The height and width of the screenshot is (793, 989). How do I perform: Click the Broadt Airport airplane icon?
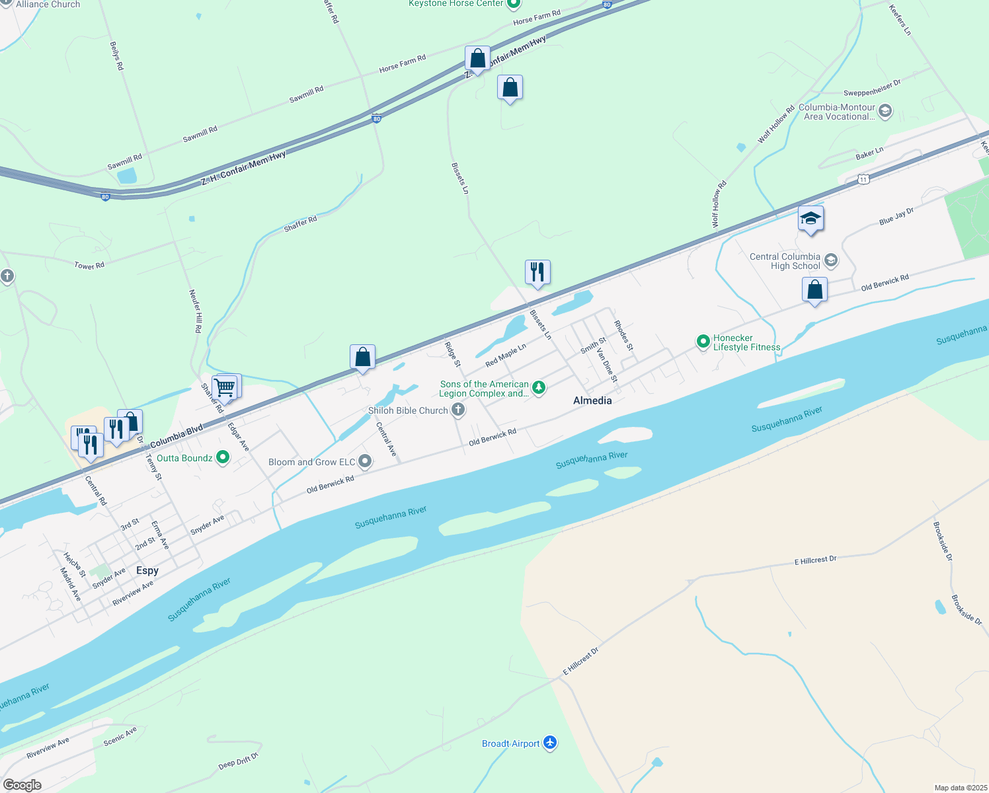(x=550, y=743)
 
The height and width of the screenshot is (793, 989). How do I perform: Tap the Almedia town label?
(x=592, y=400)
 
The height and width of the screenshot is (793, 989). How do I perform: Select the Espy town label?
(x=147, y=570)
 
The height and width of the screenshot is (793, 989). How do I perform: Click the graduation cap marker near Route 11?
(x=811, y=219)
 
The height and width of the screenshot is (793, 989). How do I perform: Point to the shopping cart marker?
(x=225, y=387)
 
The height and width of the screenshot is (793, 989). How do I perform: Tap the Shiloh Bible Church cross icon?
(x=458, y=410)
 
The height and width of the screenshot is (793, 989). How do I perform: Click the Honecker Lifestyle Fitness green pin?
(x=703, y=342)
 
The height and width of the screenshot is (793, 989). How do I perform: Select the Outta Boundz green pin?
(x=223, y=457)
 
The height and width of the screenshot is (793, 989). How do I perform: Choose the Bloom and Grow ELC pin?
(x=365, y=462)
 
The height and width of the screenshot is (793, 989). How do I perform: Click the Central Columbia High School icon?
(x=831, y=260)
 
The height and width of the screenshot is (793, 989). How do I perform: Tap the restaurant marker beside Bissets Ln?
(x=537, y=272)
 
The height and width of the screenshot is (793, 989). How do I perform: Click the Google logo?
(x=22, y=784)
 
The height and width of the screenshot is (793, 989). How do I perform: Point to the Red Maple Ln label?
(x=506, y=356)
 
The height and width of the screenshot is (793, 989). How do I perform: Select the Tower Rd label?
(x=89, y=266)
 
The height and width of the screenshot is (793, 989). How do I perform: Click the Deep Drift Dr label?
(x=238, y=761)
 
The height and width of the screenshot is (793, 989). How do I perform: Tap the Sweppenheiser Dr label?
(x=872, y=89)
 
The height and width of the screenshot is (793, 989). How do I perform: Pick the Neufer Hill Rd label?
(x=196, y=311)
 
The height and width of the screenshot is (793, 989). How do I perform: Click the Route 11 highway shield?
(x=863, y=179)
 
